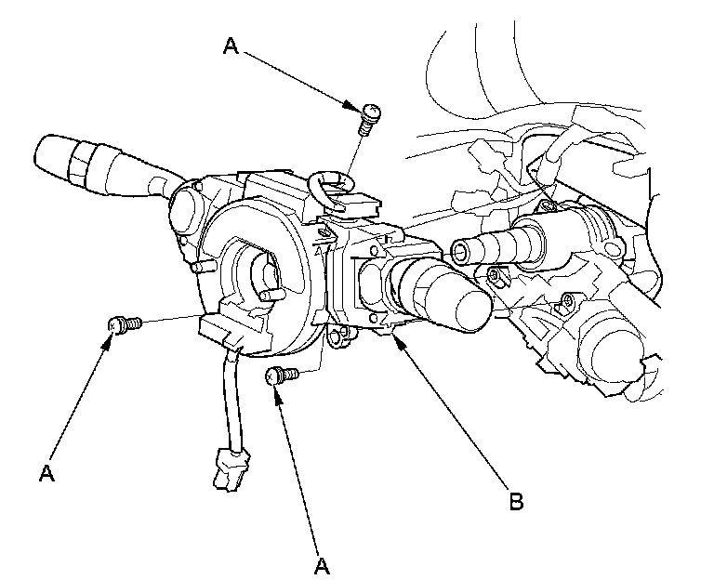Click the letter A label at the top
231,46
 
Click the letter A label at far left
46,473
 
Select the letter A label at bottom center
322,566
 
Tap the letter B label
516,501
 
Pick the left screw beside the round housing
125,325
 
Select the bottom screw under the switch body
283,376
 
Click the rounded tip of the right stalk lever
473,310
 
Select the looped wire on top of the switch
330,188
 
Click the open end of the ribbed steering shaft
460,252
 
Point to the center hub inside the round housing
265,273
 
